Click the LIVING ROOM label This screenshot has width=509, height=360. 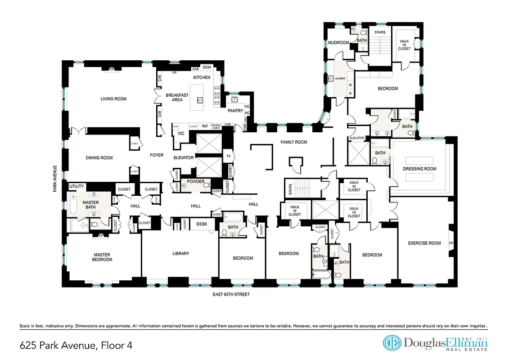point(113,99)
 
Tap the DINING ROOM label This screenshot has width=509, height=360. point(99,158)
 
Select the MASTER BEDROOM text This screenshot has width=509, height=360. point(102,257)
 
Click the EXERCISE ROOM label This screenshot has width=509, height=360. point(424,243)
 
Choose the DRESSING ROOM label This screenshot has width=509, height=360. point(420,169)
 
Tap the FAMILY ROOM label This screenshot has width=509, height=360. point(293,142)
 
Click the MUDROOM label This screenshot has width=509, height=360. point(338,43)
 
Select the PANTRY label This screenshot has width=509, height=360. point(235,111)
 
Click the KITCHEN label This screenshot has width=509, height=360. point(202,77)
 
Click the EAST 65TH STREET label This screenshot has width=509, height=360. point(231,295)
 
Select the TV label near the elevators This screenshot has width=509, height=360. point(228,157)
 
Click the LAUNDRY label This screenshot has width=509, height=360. point(340,79)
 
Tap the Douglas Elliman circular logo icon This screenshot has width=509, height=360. point(392,343)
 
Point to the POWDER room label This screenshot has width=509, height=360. point(196,181)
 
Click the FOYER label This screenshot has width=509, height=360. point(156,155)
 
